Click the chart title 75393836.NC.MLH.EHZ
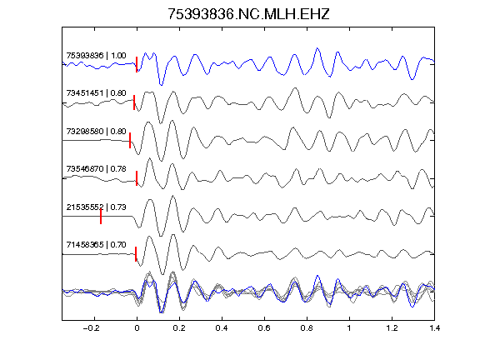248,14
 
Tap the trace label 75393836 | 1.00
96,55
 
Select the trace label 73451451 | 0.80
96,92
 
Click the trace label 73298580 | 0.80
96,131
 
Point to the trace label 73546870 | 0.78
96,168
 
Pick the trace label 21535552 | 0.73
96,207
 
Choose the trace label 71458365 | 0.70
96,245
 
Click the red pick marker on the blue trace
137,65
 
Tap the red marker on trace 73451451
134,102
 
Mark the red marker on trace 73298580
130,140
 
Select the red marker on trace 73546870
137,178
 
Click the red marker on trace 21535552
101,216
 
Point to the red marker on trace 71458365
136,254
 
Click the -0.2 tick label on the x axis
92,328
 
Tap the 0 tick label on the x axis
137,328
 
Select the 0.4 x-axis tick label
222,328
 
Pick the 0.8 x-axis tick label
307,328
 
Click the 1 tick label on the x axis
349,328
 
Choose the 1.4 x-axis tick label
434,328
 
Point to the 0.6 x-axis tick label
264,328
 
